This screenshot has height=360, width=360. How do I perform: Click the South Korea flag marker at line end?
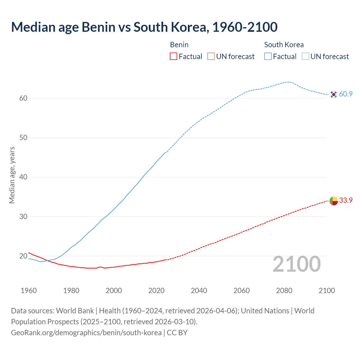[x=334, y=94]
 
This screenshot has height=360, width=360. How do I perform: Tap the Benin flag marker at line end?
[x=334, y=201]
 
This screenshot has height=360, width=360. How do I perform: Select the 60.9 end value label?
[x=346, y=94]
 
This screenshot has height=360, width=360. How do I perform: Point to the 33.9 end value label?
[x=346, y=200]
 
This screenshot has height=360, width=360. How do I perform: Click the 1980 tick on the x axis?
[x=71, y=291]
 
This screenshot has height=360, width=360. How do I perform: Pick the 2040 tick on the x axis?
[x=199, y=291]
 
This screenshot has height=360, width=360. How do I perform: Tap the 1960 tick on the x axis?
[x=29, y=291]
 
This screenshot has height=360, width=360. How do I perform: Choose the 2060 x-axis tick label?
[x=242, y=291]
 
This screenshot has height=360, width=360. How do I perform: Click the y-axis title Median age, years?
[x=12, y=175]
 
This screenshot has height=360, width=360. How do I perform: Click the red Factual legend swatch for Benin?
[x=174, y=57]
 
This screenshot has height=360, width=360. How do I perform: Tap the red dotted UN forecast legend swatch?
[x=211, y=57]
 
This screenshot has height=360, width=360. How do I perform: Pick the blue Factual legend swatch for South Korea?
[x=268, y=57]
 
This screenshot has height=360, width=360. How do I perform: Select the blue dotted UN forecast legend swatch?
[x=305, y=57]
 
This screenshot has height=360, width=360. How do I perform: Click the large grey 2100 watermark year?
[x=297, y=264]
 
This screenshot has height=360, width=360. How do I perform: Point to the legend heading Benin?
[x=179, y=45]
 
